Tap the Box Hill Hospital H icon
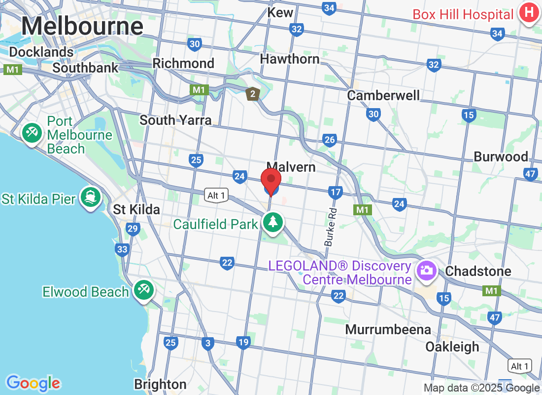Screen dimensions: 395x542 pyautogui.click(x=528, y=13)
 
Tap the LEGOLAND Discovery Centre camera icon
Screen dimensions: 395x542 pyautogui.click(x=424, y=270)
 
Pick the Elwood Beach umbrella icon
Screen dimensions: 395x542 pyautogui.click(x=143, y=290)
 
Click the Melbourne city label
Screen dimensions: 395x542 pyautogui.click(x=82, y=26)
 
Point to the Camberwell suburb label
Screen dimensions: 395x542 pyautogui.click(x=383, y=95)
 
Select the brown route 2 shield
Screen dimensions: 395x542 pyautogui.click(x=253, y=94)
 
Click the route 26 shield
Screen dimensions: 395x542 pyautogui.click(x=330, y=140)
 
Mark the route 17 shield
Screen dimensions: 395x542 pyautogui.click(x=336, y=192)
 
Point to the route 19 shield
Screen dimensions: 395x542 pyautogui.click(x=243, y=342)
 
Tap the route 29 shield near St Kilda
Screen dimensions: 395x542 pyautogui.click(x=133, y=229)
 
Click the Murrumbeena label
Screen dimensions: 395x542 pyautogui.click(x=388, y=329)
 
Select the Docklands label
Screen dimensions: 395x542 pyautogui.click(x=41, y=52)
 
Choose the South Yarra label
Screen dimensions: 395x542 pyautogui.click(x=175, y=120)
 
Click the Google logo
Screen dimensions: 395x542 pyautogui.click(x=33, y=383)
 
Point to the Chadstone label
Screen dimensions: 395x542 pyautogui.click(x=478, y=271)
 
